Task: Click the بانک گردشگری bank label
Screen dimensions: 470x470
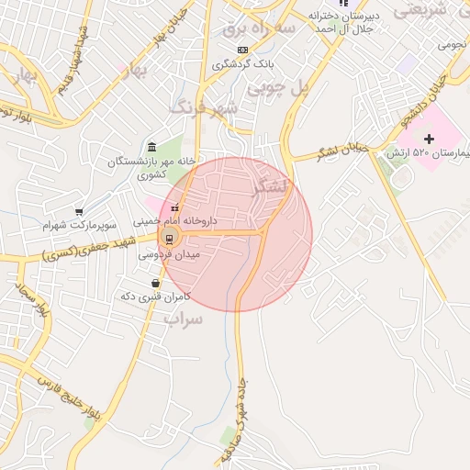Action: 243,64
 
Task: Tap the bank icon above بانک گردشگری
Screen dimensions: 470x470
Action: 242,49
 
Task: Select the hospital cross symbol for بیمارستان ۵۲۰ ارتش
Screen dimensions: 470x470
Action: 429,138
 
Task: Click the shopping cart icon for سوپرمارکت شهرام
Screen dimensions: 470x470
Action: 79,212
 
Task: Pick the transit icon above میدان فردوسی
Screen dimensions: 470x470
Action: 168,240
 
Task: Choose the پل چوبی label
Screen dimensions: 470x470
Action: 315,89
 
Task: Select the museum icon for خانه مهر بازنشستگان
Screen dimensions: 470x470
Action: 151,148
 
